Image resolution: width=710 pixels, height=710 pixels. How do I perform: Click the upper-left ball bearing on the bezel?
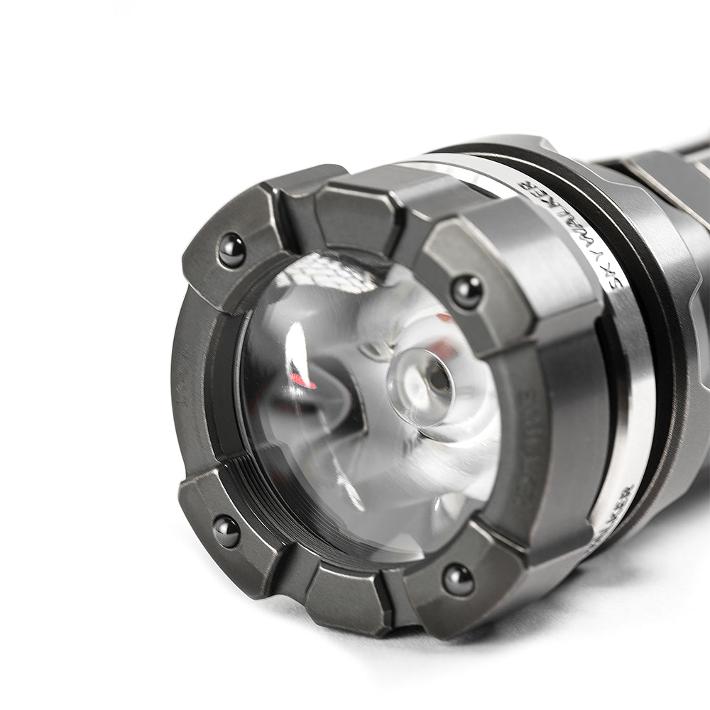coord(231,251)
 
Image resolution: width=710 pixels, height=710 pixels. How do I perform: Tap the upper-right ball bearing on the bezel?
coord(466,291)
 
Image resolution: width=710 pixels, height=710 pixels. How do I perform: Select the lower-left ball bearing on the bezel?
coord(226,531)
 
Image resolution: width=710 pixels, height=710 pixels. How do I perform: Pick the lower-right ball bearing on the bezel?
coord(458,580)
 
